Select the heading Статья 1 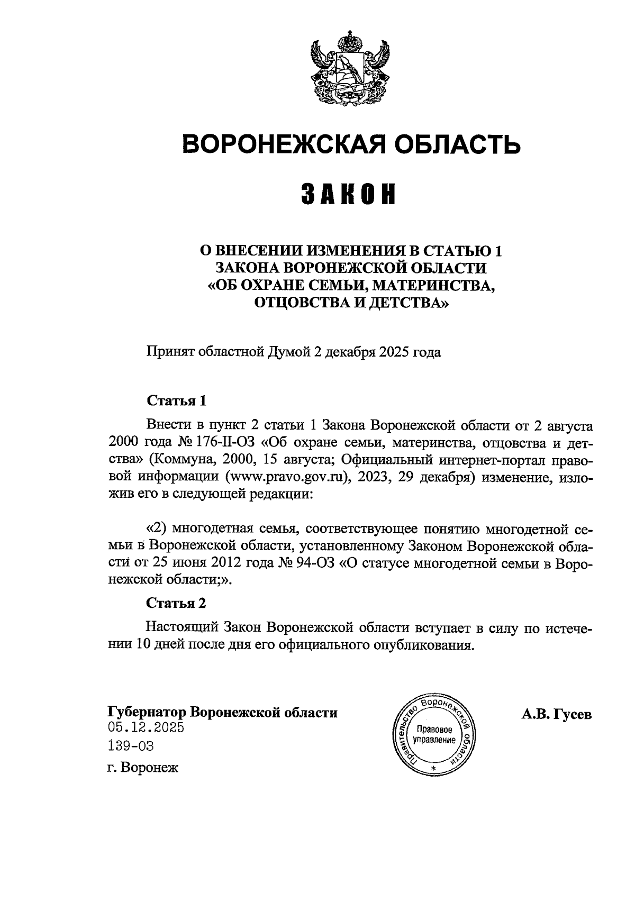click(x=176, y=400)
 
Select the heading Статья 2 click(x=176, y=604)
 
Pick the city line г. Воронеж click(x=143, y=767)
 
